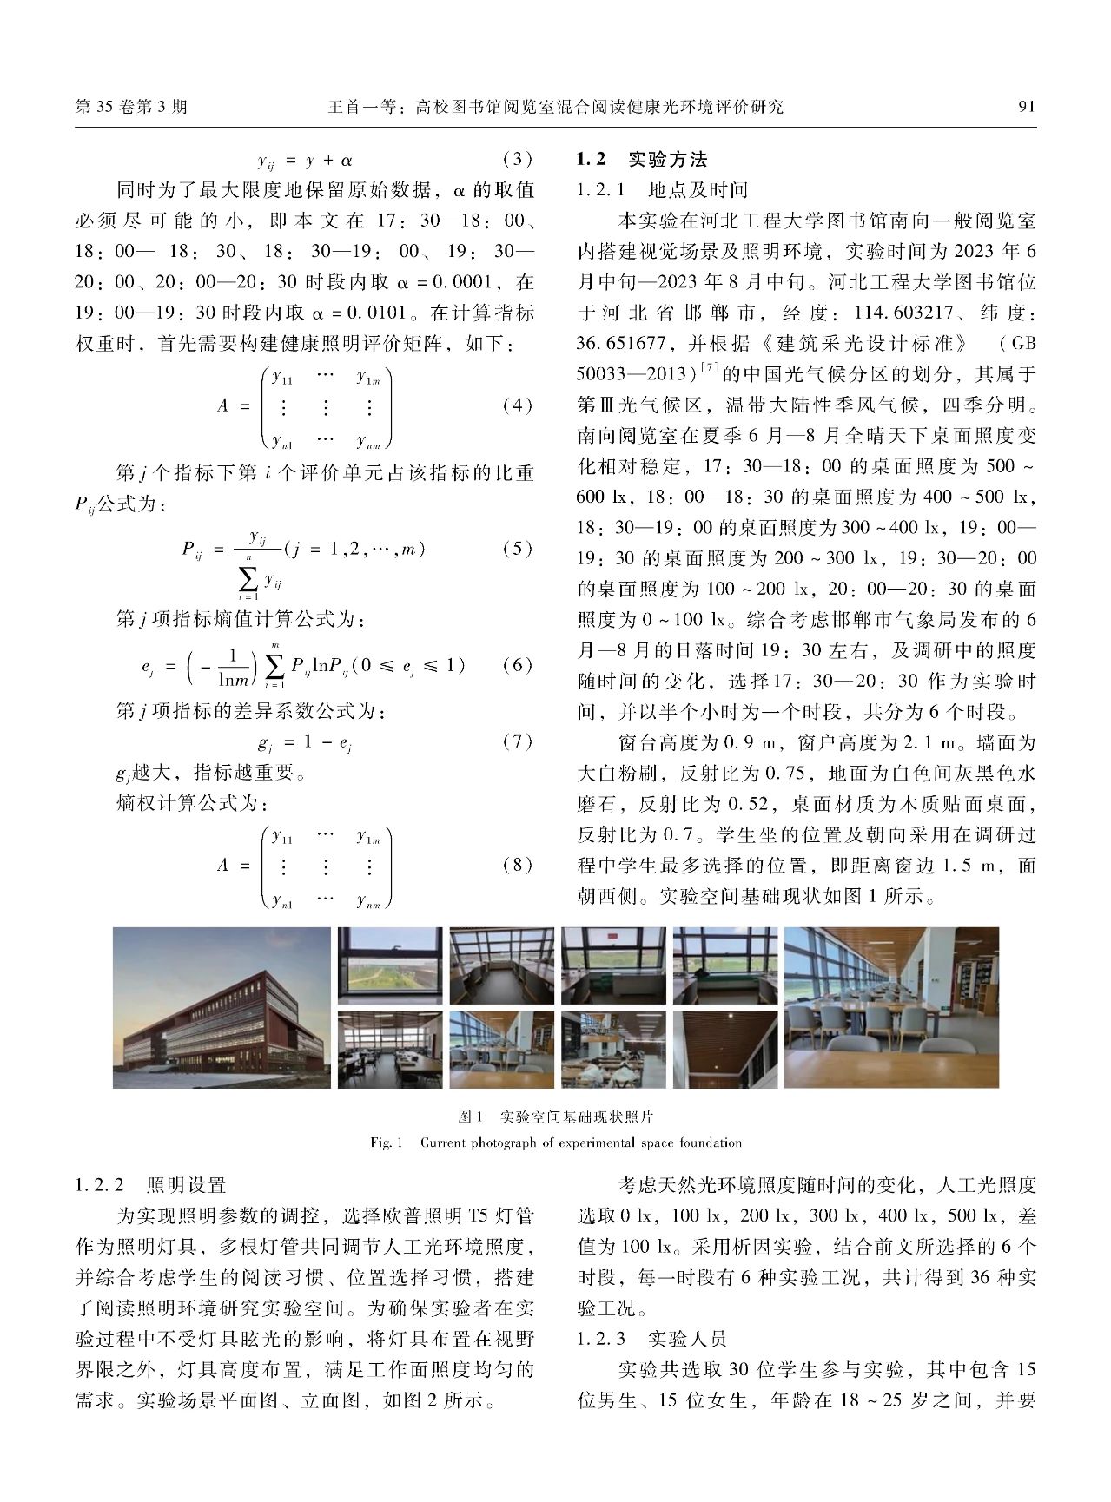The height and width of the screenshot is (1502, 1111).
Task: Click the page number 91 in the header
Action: click(x=1026, y=107)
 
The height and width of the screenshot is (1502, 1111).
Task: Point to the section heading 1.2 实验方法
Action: click(x=642, y=159)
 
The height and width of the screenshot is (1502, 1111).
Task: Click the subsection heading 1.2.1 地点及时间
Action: click(x=662, y=190)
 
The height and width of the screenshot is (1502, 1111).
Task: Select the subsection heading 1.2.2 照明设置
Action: click(x=151, y=1185)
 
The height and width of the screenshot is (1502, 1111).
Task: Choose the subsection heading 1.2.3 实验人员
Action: click(x=651, y=1339)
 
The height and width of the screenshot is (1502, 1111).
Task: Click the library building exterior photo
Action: click(x=222, y=1007)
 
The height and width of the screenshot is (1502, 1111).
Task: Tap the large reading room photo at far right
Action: click(x=891, y=1007)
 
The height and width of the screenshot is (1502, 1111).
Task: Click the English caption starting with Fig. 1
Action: click(x=555, y=1143)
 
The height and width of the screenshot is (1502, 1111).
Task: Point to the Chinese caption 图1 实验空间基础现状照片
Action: click(x=555, y=1117)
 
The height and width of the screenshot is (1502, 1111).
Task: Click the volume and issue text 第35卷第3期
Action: click(x=131, y=107)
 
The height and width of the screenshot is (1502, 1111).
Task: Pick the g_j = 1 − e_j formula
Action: click(x=304, y=743)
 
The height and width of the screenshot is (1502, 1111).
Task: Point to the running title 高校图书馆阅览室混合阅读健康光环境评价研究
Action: click(x=599, y=107)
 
